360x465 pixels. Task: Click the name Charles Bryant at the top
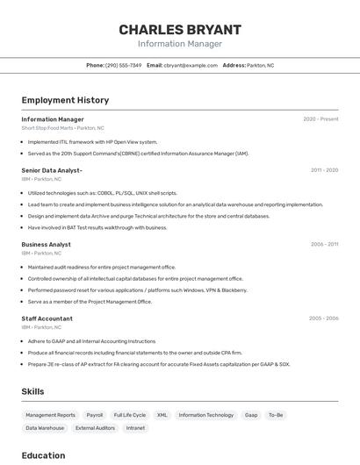coord(180,30)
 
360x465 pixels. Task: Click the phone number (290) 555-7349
coord(123,65)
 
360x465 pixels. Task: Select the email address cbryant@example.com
coord(191,65)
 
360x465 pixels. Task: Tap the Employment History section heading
coord(65,100)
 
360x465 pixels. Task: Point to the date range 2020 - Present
coord(320,119)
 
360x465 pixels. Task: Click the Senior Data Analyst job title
coord(52,170)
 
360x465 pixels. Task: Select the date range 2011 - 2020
coord(324,170)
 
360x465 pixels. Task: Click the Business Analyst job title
coord(47,245)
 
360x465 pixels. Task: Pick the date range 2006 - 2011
coord(324,245)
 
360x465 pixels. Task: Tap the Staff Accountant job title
coord(47,318)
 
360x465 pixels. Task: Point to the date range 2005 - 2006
coord(323,318)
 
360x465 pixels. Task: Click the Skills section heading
coord(33,391)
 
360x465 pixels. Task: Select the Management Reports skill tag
coord(50,415)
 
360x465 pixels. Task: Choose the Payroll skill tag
coord(94,415)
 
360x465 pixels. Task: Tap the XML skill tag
coord(162,415)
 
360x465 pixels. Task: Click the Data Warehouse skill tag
coord(45,428)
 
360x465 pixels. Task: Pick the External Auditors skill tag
coord(95,428)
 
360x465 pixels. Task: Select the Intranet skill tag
coord(135,428)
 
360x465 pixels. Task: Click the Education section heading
coord(43,455)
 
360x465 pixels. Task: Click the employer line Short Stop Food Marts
coord(62,128)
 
